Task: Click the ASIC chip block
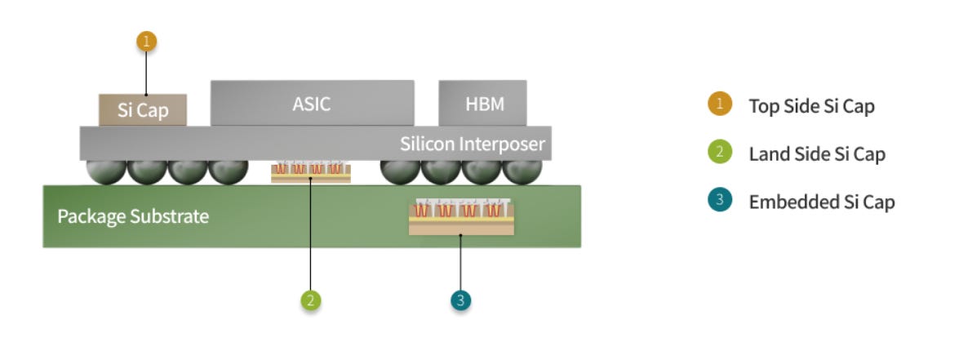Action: coord(312,103)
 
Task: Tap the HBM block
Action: coord(482,103)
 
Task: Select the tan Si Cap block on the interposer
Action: coord(143,110)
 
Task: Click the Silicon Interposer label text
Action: coord(473,144)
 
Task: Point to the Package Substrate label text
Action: coord(133,216)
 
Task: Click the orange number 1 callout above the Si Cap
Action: coord(146,42)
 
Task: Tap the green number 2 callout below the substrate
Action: coord(311,300)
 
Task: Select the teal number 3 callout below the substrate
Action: coord(460,300)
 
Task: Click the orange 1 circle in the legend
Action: coord(720,104)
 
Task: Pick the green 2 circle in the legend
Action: coord(720,152)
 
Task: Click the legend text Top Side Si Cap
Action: coord(811,106)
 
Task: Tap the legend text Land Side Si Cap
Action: coord(817,154)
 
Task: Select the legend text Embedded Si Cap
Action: coord(822,202)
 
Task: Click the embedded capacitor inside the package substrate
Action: coord(461,217)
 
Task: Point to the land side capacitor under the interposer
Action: coord(311,171)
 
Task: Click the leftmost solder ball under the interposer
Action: coord(106,171)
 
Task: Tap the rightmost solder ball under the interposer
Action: coord(522,171)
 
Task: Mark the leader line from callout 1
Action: coord(146,73)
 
